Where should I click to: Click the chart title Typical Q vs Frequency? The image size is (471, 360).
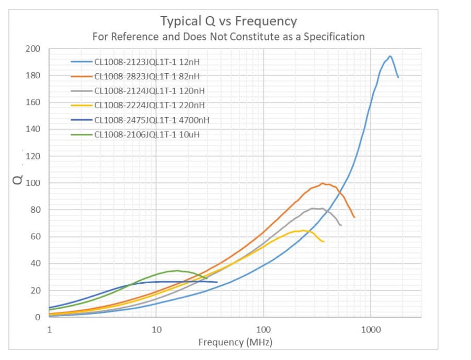pos(228,21)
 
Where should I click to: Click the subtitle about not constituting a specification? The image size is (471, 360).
pos(228,37)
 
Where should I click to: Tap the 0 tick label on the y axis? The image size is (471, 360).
pos(37,317)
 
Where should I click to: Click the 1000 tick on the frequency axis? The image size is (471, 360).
pos(370,329)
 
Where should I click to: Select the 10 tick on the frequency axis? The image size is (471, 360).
pos(156,329)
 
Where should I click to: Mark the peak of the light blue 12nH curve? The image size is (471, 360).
pos(389,56)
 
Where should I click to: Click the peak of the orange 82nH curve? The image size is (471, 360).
pos(323,183)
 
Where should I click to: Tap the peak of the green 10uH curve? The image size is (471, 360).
pos(178,270)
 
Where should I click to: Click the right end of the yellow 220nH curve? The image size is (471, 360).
pos(324,241)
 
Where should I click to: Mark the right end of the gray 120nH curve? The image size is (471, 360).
pos(341,225)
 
